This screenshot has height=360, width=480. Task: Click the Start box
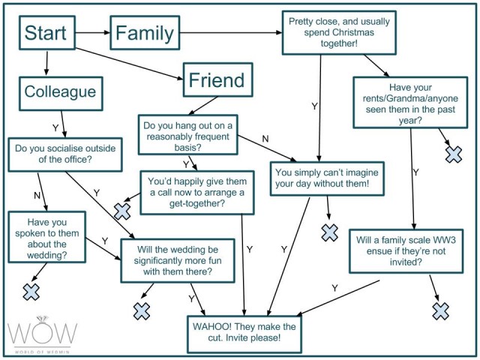[x=47, y=33]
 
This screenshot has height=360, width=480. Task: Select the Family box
[x=145, y=33]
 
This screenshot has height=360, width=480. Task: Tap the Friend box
[x=218, y=80]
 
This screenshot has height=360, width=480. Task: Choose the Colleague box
[x=61, y=93]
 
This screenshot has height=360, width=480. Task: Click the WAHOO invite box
[x=244, y=334]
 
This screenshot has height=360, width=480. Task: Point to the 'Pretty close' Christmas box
[x=339, y=33]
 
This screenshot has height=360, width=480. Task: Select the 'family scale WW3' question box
[x=406, y=251]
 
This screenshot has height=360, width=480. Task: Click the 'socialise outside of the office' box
[x=65, y=154]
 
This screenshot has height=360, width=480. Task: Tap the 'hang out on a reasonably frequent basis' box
[x=188, y=135]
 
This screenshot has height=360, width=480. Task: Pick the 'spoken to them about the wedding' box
[x=46, y=237]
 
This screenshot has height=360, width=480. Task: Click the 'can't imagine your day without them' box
[x=327, y=178]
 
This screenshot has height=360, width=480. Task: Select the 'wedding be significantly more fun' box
[x=178, y=261]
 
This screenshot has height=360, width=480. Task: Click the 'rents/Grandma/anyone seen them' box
[x=410, y=102]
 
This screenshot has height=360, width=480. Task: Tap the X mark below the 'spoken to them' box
[x=31, y=292]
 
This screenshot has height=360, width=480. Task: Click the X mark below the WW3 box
[x=441, y=311]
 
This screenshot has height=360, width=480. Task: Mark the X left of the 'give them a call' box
[x=122, y=211]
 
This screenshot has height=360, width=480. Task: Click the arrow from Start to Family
[x=93, y=33]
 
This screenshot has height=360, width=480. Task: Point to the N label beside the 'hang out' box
[x=265, y=139]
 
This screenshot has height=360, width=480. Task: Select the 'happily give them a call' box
[x=197, y=193]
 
